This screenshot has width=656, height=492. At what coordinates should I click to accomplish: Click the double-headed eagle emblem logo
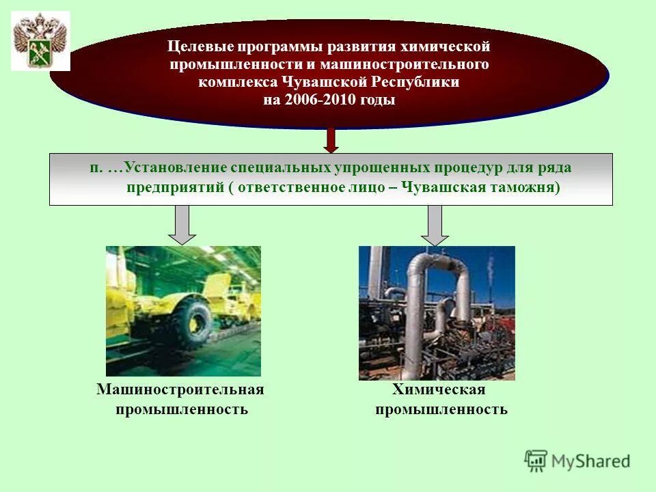pos(40,41)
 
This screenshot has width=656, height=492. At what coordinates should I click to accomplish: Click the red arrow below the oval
pos(331,140)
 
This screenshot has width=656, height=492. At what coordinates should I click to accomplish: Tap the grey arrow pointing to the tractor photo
pos(182,225)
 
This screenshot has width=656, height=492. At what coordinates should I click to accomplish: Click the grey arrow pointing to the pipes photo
pos(435,225)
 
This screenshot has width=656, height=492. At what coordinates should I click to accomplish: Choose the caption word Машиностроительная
pos(180,389)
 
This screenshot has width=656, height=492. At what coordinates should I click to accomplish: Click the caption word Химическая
pos(439,389)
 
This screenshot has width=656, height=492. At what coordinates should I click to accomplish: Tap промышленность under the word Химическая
pos(441,409)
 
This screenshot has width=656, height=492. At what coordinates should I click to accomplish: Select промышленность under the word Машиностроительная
pos(181,409)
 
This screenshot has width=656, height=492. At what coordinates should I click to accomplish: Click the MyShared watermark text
pos(590,461)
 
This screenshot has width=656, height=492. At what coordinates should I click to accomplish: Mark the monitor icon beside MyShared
pos(536,461)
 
